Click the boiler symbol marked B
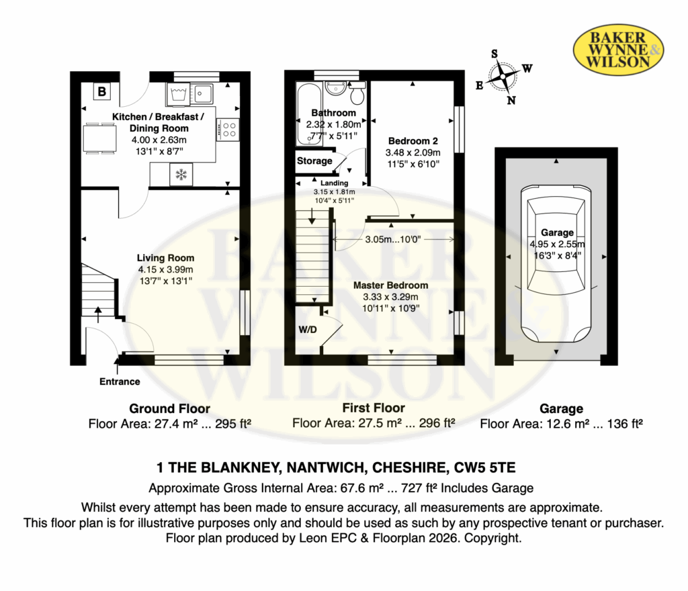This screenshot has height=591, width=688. click(x=102, y=91)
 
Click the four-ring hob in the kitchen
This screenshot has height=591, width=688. click(x=228, y=130)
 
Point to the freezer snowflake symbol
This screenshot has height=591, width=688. click(x=181, y=175)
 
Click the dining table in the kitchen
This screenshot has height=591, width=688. click(x=101, y=138)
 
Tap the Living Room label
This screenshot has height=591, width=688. click(x=165, y=259)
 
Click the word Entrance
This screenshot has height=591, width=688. click(x=120, y=381)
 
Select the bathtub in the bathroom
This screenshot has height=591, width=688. click(x=309, y=114)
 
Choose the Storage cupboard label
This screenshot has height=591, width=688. click(x=314, y=161)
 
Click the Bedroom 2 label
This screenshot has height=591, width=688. click(x=413, y=141)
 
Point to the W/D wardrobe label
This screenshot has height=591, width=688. click(x=308, y=330)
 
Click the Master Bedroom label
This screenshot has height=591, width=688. click(x=391, y=285)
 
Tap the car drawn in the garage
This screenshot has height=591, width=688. click(x=556, y=263)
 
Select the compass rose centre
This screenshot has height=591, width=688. click(x=503, y=77)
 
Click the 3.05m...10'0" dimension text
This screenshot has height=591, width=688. click(x=393, y=239)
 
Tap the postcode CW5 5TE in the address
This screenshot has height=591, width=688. click(x=485, y=467)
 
